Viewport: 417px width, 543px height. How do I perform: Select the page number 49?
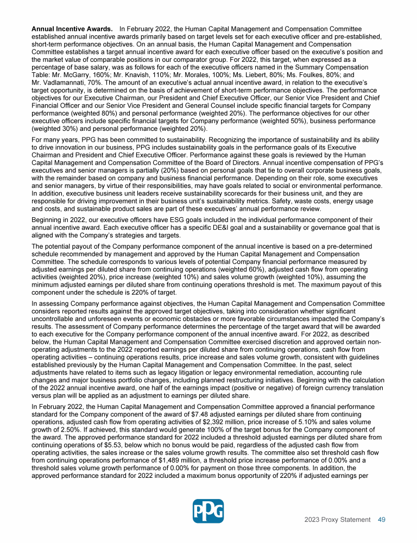(x=382, y=520)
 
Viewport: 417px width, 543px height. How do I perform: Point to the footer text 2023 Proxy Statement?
(x=337, y=520)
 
